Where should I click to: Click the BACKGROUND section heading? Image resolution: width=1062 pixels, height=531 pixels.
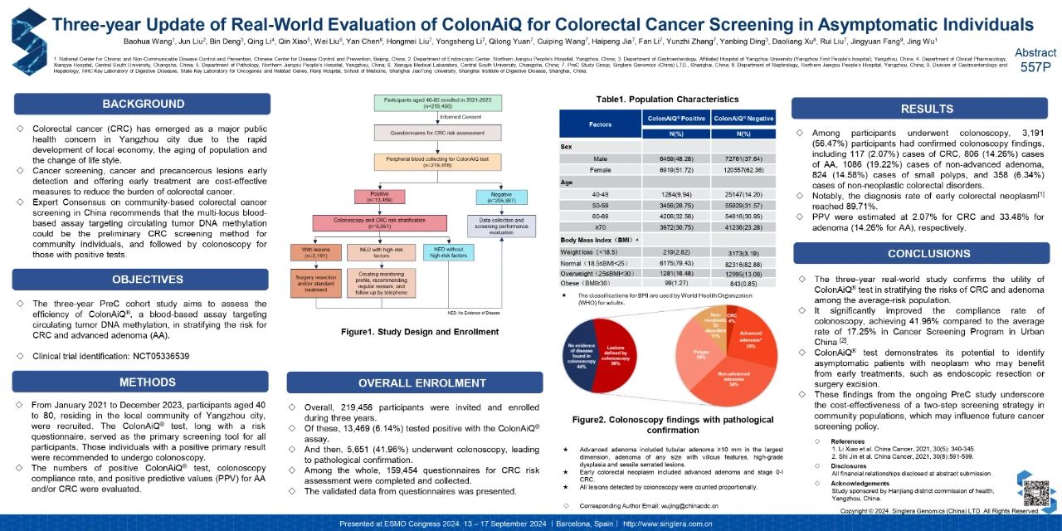(143, 105)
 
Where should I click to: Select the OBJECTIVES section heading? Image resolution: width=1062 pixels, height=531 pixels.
(143, 279)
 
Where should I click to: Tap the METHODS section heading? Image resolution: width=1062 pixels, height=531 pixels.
(143, 382)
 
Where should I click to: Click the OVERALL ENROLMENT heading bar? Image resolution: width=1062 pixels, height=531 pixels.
(414, 382)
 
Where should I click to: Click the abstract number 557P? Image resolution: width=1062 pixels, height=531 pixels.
(1035, 66)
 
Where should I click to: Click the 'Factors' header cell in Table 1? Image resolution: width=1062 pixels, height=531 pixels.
(602, 124)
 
